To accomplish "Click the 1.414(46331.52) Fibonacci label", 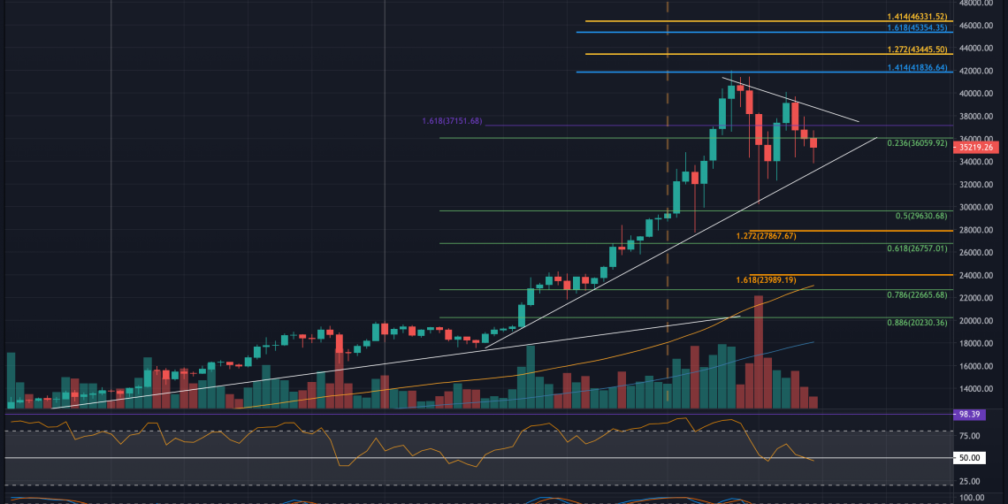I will point(917,16).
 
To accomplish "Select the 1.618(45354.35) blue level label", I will point(917,27).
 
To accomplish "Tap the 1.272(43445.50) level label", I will point(917,50).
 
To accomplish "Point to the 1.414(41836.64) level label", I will point(917,67).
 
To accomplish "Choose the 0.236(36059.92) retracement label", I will point(917,141).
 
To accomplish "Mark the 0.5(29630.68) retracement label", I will point(920,216).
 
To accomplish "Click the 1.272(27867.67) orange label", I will point(766,236).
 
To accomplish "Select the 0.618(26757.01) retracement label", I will point(917,248).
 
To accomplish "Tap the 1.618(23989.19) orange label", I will point(766,280).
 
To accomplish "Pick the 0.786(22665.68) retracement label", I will point(917,294).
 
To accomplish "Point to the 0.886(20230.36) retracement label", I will point(917,323).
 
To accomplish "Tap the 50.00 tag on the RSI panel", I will point(977,458).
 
